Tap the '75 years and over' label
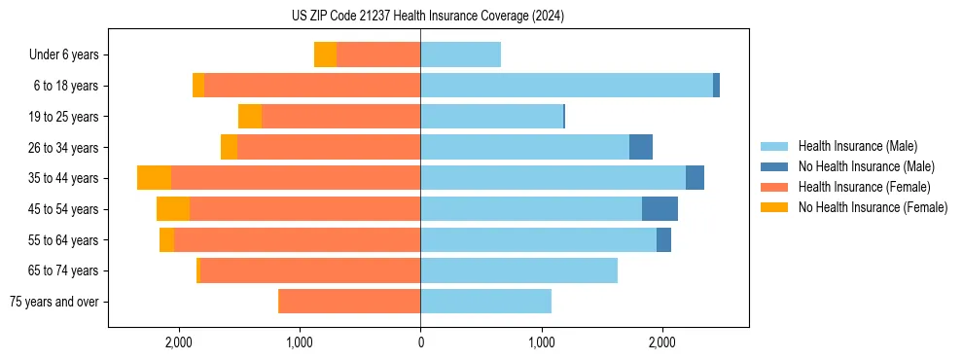(x=53, y=302)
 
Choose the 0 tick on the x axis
(x=420, y=342)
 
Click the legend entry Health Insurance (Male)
(x=857, y=147)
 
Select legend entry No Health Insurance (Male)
(x=866, y=167)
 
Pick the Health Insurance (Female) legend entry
(x=864, y=187)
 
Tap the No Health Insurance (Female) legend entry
(x=873, y=207)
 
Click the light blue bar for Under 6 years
(x=460, y=54)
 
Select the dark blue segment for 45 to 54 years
(x=660, y=209)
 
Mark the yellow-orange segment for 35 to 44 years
(x=154, y=178)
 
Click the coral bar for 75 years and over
(x=349, y=302)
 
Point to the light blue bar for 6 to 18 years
(x=566, y=86)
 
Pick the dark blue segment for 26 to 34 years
(x=641, y=147)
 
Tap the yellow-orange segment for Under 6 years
(x=325, y=54)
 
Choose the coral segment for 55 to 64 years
(x=297, y=240)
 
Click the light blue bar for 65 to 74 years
(x=518, y=270)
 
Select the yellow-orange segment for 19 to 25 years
(x=250, y=117)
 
